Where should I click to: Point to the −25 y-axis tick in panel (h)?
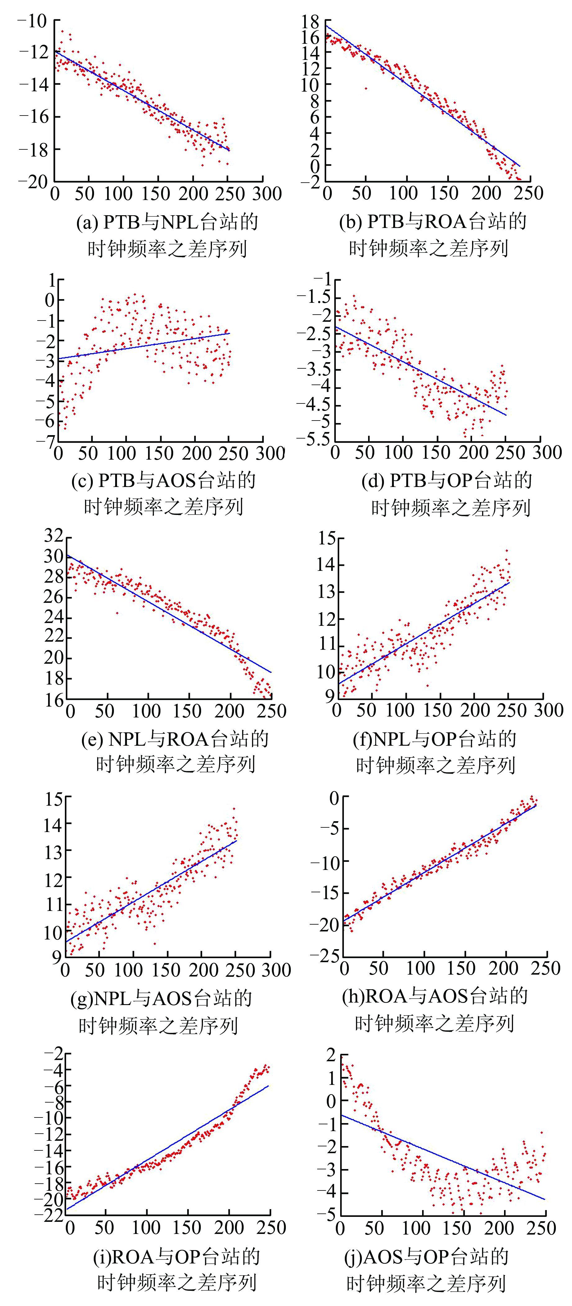[324, 956]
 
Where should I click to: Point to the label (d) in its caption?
[373, 480]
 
